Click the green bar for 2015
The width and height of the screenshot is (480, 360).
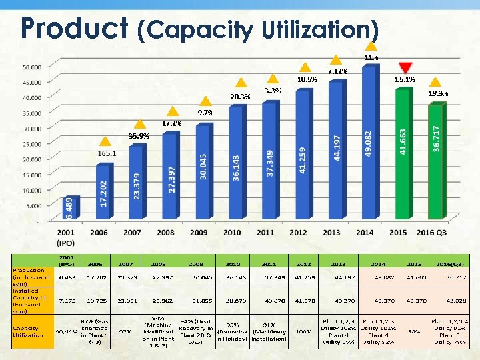(402, 153)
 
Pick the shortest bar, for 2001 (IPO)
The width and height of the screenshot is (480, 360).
(70, 207)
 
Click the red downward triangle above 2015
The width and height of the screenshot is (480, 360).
(405, 67)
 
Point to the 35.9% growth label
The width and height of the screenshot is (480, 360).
(139, 136)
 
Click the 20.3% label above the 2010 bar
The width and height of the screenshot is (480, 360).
(241, 97)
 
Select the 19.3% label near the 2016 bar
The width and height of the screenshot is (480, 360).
(438, 93)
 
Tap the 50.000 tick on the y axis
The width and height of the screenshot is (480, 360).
(31, 67)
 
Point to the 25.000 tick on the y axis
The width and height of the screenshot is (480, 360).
(31, 144)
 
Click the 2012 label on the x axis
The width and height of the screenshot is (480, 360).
(298, 233)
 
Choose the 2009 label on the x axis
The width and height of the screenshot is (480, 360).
(199, 233)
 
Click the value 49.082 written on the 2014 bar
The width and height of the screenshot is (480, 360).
(369, 143)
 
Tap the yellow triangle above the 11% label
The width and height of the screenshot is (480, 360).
(371, 46)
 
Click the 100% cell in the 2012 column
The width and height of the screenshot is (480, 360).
(303, 331)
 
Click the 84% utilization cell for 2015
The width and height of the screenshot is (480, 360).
(414, 331)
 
